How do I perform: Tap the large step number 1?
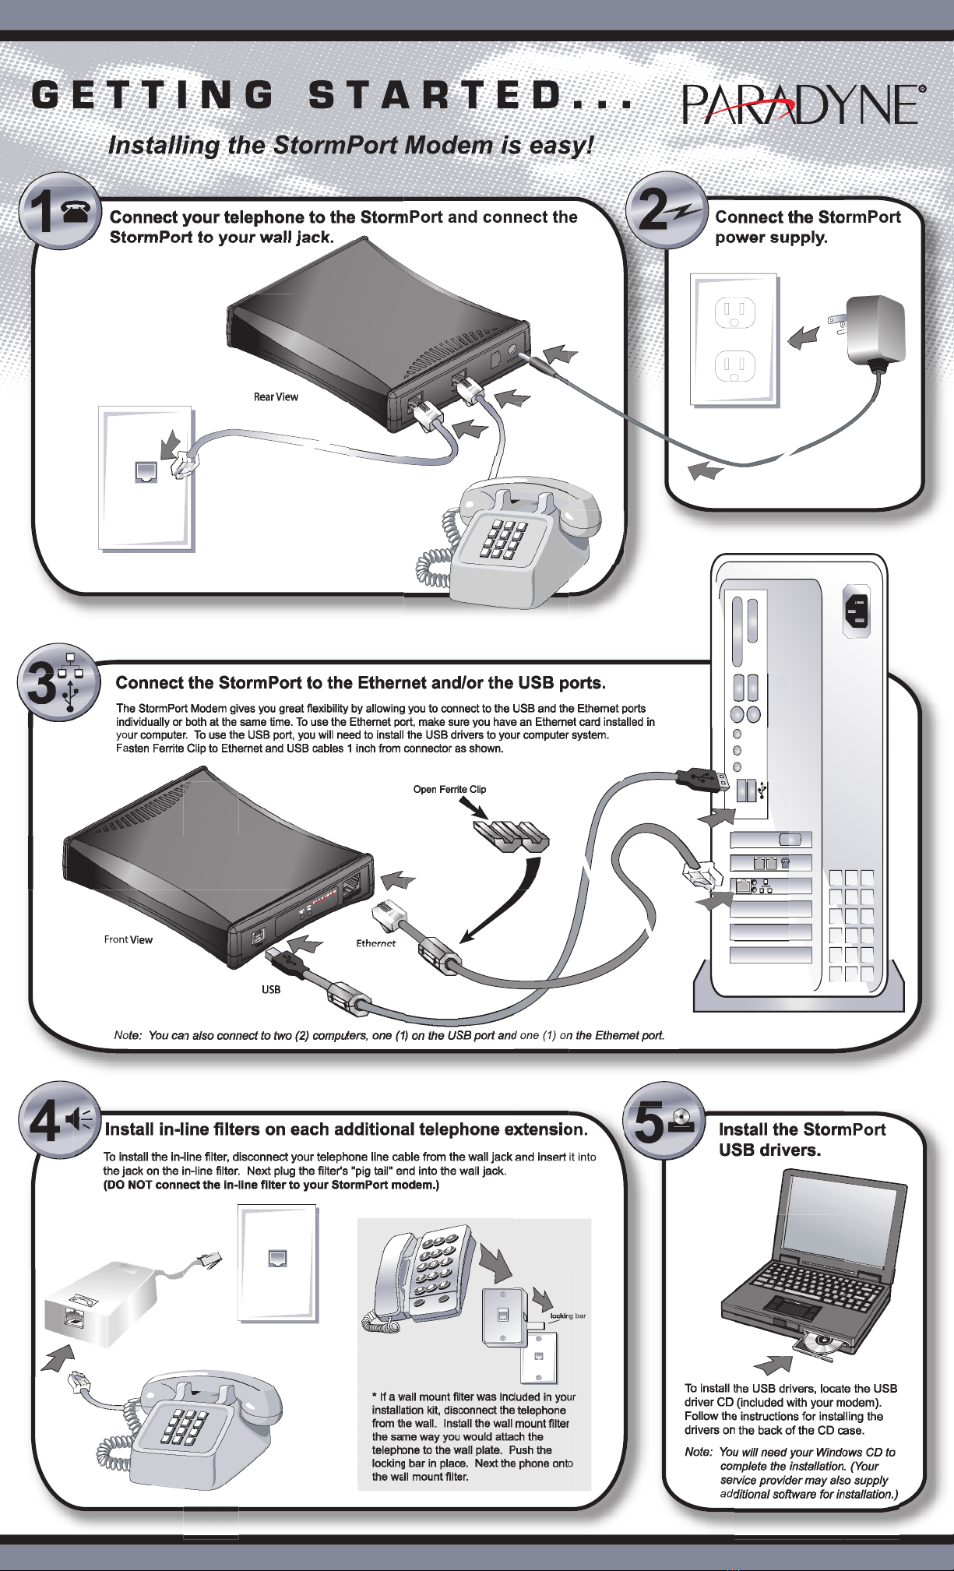pos(39,212)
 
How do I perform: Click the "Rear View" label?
pos(276,397)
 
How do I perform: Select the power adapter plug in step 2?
pos(875,329)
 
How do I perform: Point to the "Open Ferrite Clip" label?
pos(449,789)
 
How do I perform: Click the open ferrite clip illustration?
pos(511,837)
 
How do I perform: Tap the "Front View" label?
pos(128,939)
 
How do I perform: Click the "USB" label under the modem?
pos(271,989)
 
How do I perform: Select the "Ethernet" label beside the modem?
pos(376,943)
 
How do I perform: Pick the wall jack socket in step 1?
pos(146,472)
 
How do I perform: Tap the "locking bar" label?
pos(568,1316)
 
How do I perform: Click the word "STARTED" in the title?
pos(435,96)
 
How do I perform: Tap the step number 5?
pos(649,1125)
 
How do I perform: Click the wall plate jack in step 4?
pos(277,1258)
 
